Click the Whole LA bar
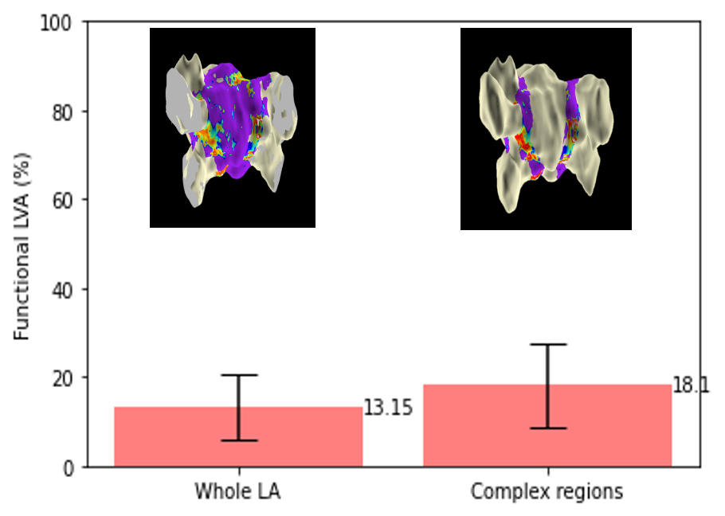(238, 436)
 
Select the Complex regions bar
(547, 425)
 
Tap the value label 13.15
(388, 408)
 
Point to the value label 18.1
(690, 385)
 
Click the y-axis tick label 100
(56, 22)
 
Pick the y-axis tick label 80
(62, 112)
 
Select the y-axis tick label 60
(62, 201)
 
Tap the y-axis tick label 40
(62, 290)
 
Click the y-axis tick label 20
(62, 379)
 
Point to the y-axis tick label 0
(68, 468)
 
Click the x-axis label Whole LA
(237, 491)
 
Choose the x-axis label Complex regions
(547, 492)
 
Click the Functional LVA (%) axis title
(22, 246)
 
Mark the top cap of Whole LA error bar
(239, 375)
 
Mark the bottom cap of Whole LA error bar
(239, 440)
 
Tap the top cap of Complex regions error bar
(548, 345)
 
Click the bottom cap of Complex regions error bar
(548, 428)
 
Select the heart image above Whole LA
(233, 127)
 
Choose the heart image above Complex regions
(546, 129)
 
